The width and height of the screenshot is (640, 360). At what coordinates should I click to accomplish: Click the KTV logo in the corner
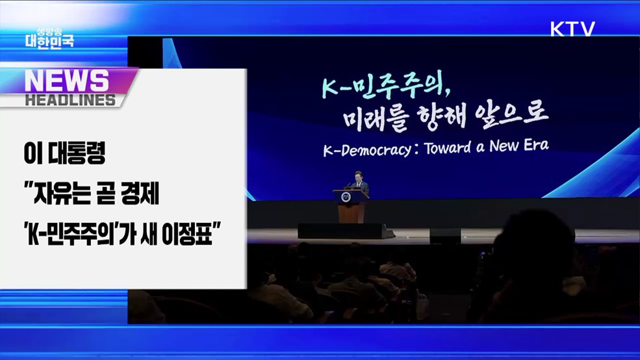572,29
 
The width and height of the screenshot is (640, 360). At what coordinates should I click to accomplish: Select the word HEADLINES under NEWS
70,100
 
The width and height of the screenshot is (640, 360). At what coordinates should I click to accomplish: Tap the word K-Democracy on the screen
366,150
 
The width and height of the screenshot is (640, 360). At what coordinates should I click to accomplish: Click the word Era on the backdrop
535,145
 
